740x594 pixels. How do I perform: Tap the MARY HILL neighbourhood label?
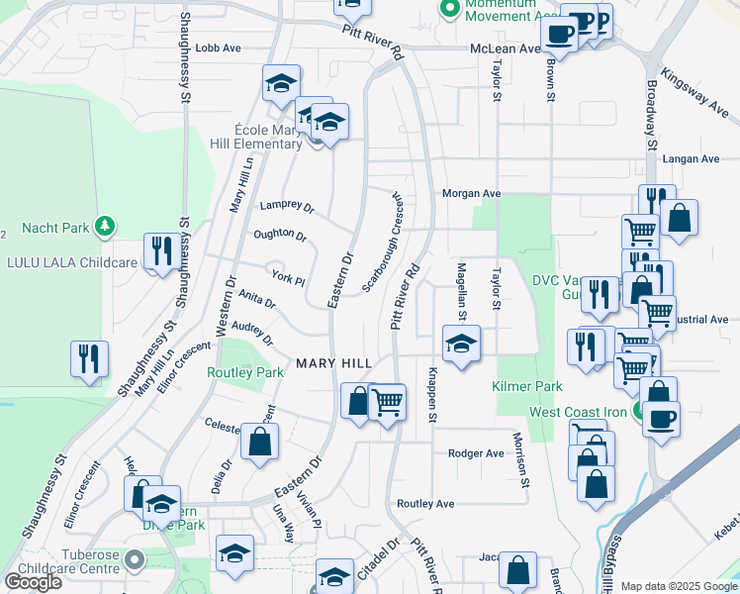pos(334,364)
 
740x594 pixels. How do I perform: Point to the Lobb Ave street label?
pos(219,48)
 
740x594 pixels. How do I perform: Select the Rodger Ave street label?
pos(476,453)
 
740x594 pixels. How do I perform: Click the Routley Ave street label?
pos(425,504)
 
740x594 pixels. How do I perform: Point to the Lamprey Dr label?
pos(286,208)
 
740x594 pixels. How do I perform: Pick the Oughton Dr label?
pos(280,235)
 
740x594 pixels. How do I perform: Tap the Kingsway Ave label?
pos(695,88)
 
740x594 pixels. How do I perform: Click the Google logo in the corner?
pos(33,581)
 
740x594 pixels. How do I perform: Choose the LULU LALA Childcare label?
pos(74,262)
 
